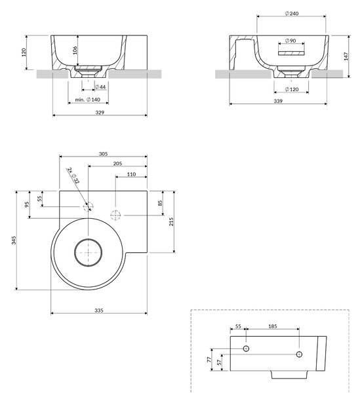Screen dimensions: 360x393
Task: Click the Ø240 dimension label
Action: click(x=292, y=13)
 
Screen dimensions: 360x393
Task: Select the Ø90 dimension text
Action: click(x=290, y=41)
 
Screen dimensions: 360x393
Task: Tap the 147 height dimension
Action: click(x=346, y=56)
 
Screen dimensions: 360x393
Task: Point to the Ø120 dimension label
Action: click(x=292, y=89)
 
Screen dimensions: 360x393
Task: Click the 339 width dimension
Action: click(x=278, y=101)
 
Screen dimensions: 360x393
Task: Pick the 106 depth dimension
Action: click(x=75, y=50)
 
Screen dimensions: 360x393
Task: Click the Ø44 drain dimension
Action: click(x=100, y=87)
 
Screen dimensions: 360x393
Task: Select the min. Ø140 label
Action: click(x=88, y=100)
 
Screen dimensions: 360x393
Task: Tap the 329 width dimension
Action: click(x=100, y=113)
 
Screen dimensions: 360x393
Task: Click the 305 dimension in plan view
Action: click(x=103, y=154)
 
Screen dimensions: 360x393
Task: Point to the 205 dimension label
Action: click(x=117, y=164)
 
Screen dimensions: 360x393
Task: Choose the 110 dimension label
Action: click(x=131, y=174)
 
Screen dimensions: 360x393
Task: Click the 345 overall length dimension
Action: click(x=14, y=240)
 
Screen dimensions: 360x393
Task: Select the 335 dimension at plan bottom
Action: click(x=99, y=310)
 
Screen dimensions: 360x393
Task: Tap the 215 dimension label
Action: click(x=171, y=222)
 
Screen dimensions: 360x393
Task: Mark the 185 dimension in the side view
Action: click(x=272, y=326)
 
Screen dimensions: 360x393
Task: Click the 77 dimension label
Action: click(x=209, y=360)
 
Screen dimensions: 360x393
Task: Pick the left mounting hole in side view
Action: click(x=246, y=348)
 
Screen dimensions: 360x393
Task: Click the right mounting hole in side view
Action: click(x=299, y=354)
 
